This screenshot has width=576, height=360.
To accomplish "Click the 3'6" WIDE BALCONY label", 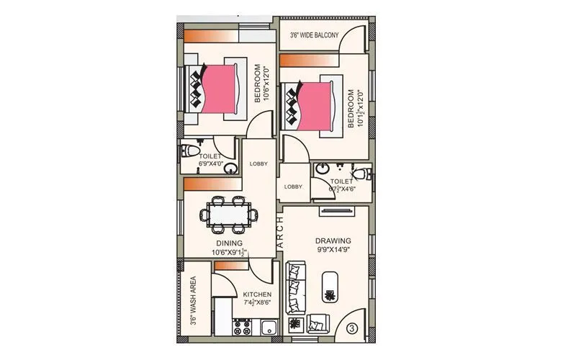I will pos(314,35).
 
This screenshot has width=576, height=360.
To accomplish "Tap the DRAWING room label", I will pos(333,240).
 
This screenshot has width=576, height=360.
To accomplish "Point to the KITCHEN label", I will pos(256,295).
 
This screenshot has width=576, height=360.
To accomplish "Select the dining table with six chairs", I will pos(230,214).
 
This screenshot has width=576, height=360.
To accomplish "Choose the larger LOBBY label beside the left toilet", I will pos(258,163).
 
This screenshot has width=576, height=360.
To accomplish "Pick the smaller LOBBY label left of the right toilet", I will pos(293,186).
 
